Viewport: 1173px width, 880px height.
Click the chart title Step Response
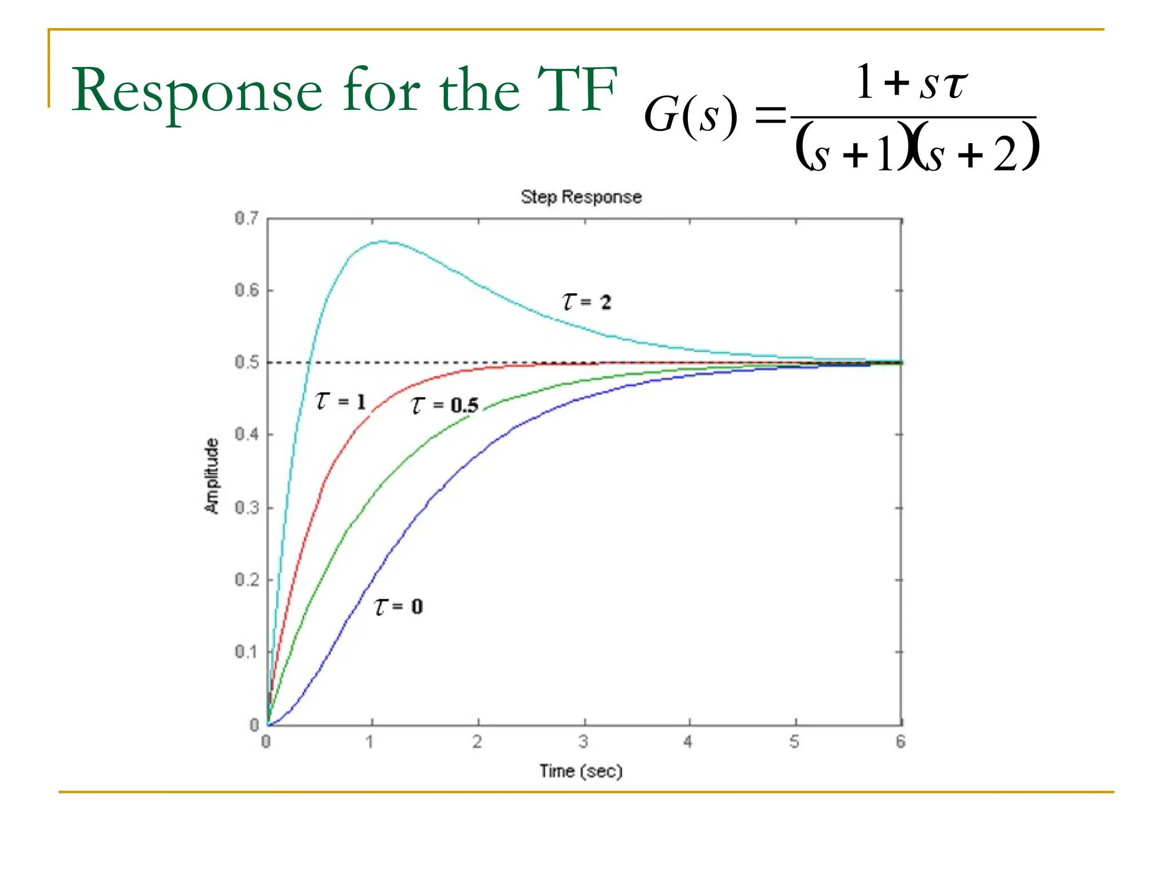[x=581, y=197]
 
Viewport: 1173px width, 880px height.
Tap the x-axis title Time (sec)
[x=581, y=771]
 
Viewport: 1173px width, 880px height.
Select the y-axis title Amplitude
[x=212, y=476]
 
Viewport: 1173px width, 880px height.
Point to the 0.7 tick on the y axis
[x=247, y=218]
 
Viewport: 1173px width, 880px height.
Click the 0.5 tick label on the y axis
[x=247, y=363]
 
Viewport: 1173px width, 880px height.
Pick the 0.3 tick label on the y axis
[x=247, y=508]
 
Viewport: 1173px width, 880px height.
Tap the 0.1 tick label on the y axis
[x=247, y=652]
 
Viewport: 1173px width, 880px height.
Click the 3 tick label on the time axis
[x=584, y=742]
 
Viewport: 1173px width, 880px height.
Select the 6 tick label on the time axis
[x=901, y=742]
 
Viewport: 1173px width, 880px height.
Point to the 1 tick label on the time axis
[x=370, y=742]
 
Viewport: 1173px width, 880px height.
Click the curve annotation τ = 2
[x=586, y=301]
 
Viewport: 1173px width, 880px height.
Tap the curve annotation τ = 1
[x=340, y=401]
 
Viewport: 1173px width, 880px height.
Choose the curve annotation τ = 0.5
[x=444, y=405]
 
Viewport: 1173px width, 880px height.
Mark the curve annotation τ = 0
[x=399, y=606]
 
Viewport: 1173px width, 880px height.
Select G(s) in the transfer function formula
[x=690, y=116]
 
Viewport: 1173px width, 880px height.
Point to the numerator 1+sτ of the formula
[x=911, y=84]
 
